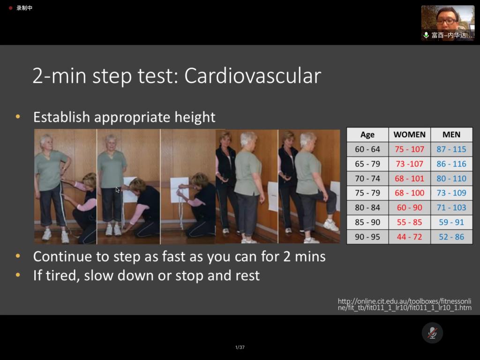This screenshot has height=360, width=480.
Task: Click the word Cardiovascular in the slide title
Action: click(253, 75)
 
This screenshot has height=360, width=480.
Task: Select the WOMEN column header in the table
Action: click(409, 135)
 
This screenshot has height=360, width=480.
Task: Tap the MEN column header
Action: click(451, 135)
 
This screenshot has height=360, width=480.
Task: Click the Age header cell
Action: click(367, 135)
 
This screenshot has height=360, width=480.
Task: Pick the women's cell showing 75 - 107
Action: click(409, 149)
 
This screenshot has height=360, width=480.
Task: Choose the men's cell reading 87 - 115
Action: click(451, 149)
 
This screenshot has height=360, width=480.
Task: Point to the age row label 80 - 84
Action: click(367, 208)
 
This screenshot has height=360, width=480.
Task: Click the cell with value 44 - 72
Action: click(409, 237)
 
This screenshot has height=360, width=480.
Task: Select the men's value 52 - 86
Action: click(451, 237)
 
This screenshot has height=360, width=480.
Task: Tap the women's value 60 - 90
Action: click(409, 208)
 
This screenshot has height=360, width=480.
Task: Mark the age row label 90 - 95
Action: click(367, 237)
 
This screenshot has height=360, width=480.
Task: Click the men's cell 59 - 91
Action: click(451, 222)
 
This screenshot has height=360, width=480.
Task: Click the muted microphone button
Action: click(432, 333)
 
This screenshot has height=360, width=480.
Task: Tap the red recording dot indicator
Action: click(10, 8)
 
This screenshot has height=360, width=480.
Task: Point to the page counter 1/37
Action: click(240, 347)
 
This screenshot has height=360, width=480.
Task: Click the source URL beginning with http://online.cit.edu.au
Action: click(405, 304)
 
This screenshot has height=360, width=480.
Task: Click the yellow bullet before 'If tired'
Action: click(18, 275)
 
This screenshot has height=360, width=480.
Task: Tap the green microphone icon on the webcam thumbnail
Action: click(426, 35)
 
